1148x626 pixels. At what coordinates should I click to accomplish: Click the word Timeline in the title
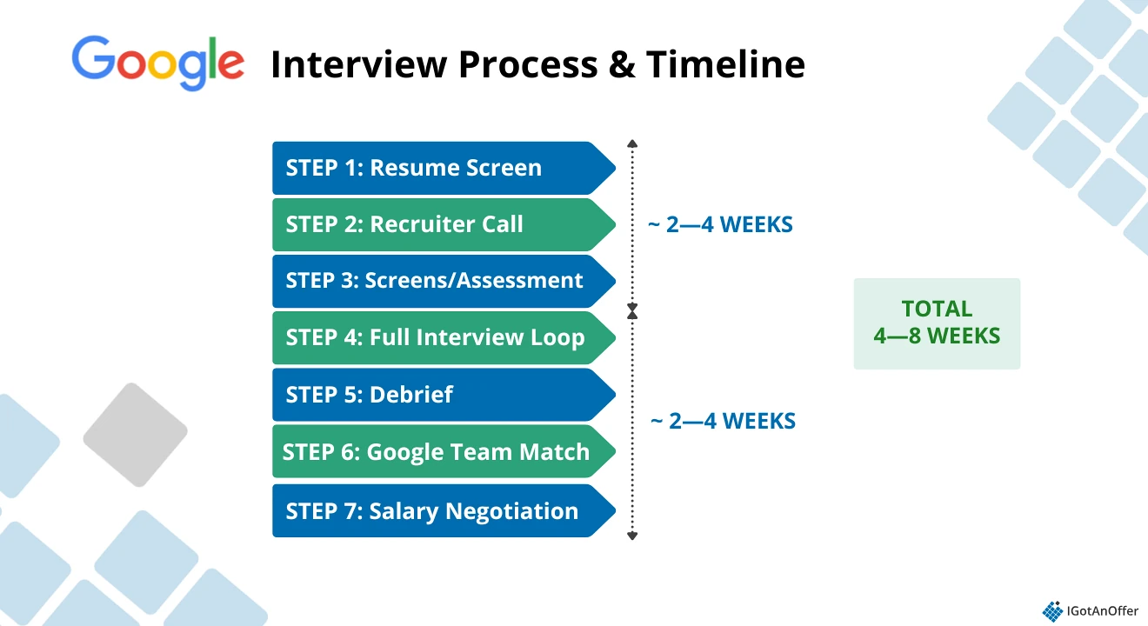click(725, 64)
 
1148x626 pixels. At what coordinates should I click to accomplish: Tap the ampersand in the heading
click(621, 64)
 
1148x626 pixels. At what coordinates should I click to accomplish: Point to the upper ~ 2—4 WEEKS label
click(721, 225)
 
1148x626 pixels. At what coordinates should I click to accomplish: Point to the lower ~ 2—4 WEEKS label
click(724, 422)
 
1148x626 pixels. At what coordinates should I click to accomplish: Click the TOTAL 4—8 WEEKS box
click(937, 323)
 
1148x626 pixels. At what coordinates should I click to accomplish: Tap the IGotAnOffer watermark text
click(1102, 610)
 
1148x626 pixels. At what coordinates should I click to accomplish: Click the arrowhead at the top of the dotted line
click(632, 143)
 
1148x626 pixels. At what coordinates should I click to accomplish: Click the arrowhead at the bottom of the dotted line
click(632, 536)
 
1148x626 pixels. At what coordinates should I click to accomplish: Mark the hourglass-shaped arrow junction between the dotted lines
click(632, 310)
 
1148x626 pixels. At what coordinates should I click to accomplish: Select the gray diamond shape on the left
click(135, 434)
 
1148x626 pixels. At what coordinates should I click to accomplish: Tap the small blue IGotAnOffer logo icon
click(1052, 610)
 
